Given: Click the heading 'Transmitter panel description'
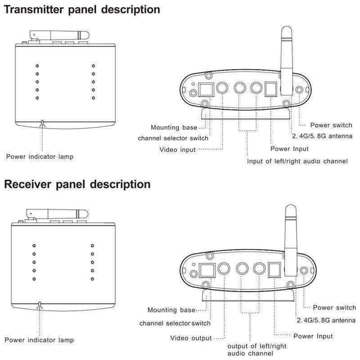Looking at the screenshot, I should tap(82, 10).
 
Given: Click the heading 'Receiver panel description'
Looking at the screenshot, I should tap(77, 184).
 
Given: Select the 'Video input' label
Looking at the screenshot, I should tap(178, 149).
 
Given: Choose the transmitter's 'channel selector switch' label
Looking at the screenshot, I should tap(173, 138).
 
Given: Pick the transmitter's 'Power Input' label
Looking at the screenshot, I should tap(290, 148).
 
